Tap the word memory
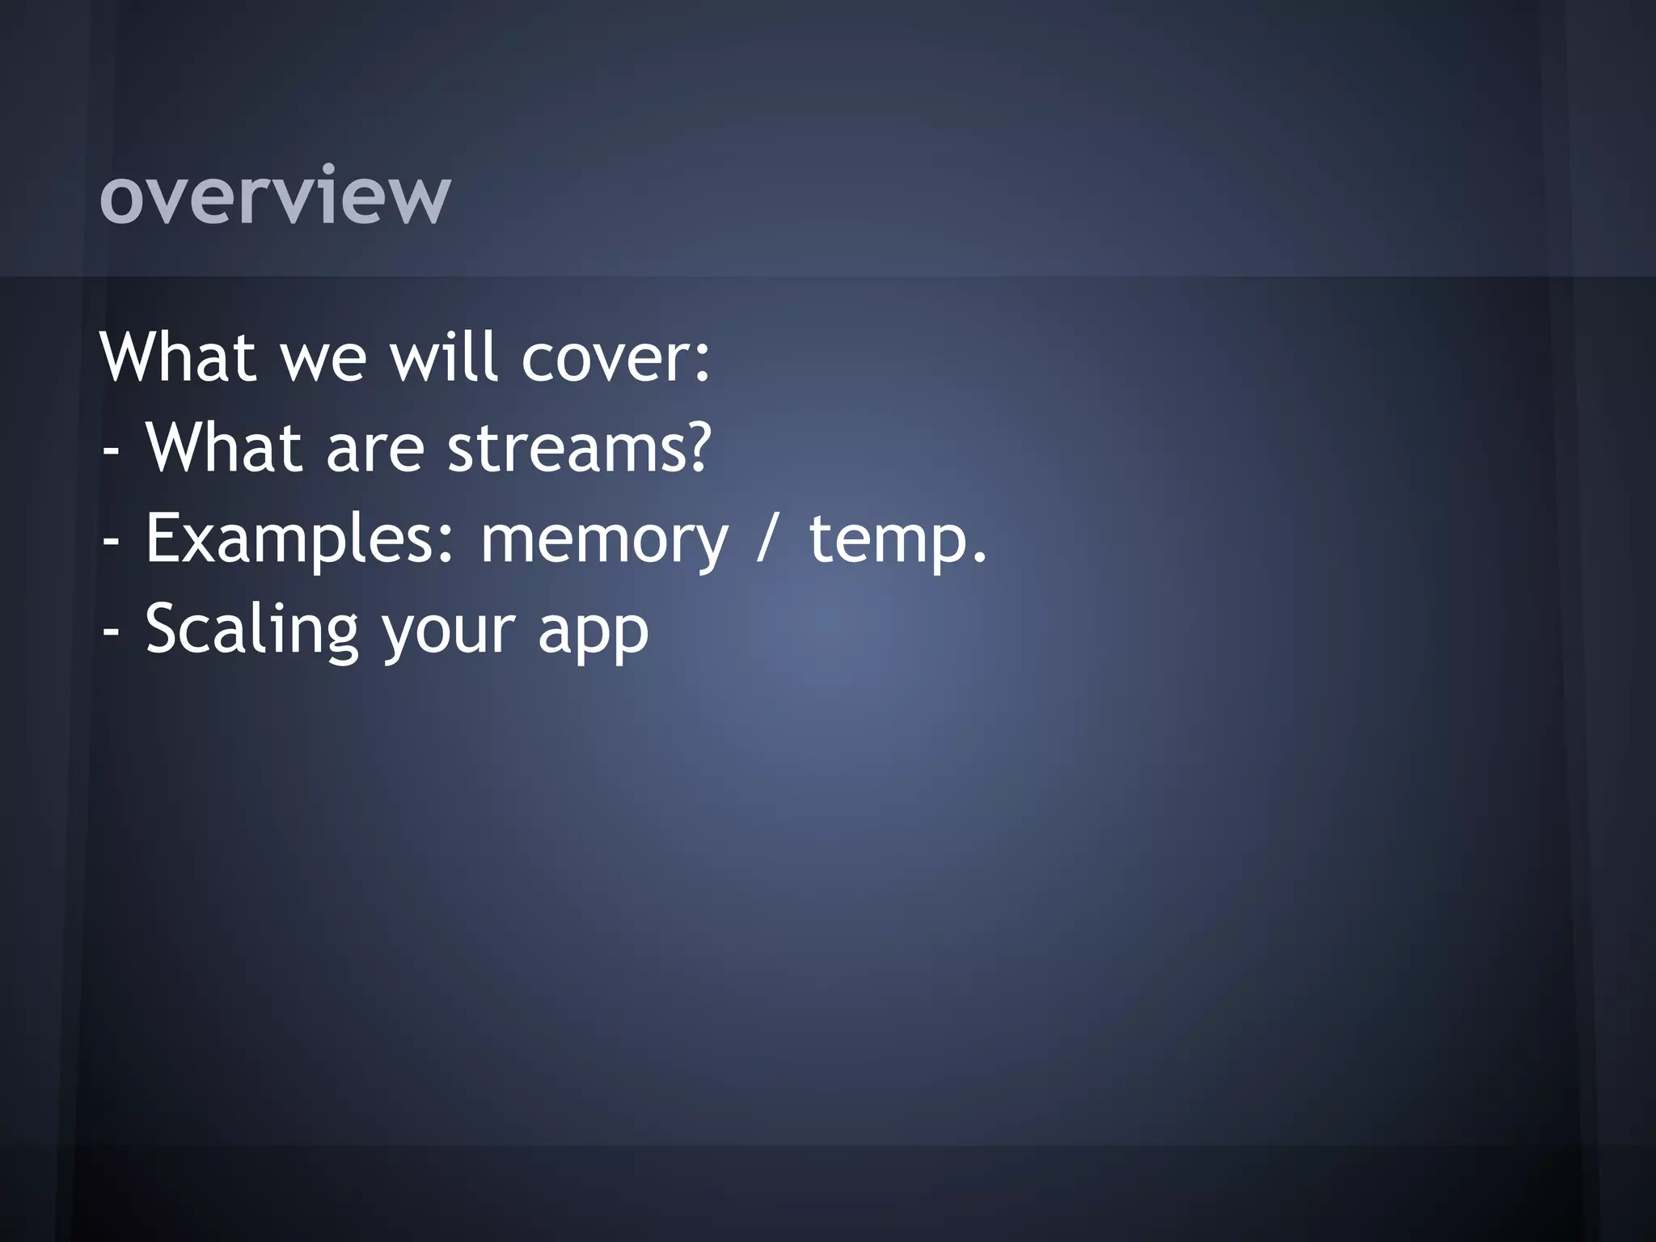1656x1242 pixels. [604, 543]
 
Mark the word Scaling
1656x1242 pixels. [251, 632]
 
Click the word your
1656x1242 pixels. [448, 635]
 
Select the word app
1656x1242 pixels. [594, 635]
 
